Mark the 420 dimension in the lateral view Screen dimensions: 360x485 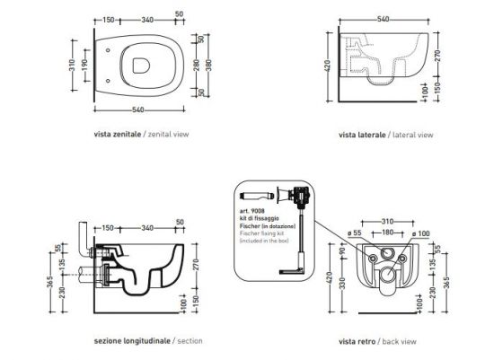(330, 66)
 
